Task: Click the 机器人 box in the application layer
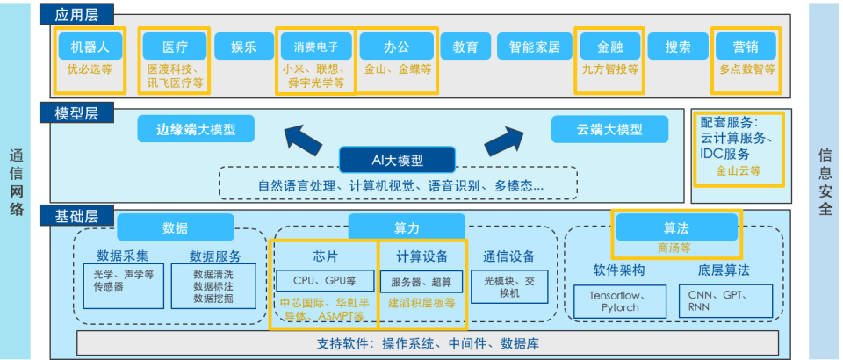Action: (89, 46)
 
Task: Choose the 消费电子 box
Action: (315, 46)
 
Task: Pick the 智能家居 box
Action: (535, 46)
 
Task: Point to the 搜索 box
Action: (678, 46)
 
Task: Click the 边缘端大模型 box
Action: (195, 130)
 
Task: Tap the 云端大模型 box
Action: (609, 130)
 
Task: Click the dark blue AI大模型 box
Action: (397, 160)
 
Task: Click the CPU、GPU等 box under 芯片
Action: (322, 281)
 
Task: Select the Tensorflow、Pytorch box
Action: (620, 300)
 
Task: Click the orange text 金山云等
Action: (739, 171)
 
